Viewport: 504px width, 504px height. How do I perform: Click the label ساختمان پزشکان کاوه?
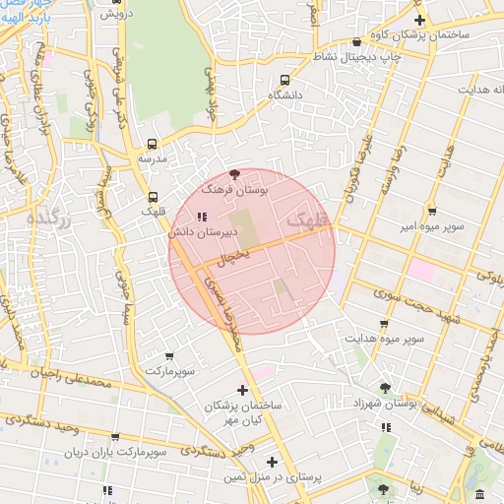tap(440, 34)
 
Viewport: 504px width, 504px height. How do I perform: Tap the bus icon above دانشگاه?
tap(285, 80)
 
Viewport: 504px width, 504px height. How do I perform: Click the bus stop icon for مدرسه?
tap(152, 143)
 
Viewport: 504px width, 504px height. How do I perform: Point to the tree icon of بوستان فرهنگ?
tap(233, 173)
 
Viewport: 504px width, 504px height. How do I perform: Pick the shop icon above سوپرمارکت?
tap(169, 356)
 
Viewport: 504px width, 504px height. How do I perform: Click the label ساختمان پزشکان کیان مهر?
tap(243, 413)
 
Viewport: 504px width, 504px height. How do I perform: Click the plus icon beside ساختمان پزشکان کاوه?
tap(420, 20)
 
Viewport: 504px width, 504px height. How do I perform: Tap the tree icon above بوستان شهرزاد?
tap(385, 388)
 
